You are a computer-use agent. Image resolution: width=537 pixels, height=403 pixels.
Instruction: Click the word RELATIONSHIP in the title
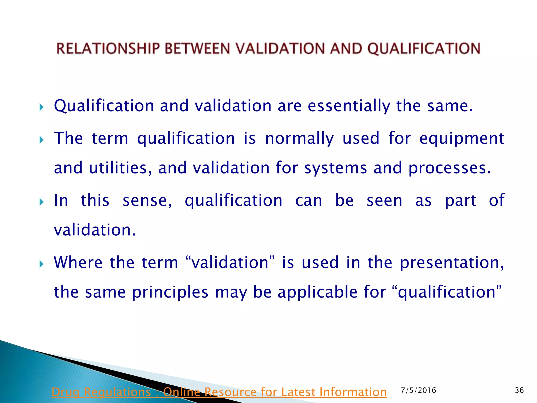(x=108, y=49)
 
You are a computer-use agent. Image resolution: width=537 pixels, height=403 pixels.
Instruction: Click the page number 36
(x=519, y=390)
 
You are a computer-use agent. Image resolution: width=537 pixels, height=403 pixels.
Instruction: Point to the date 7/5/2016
(x=418, y=390)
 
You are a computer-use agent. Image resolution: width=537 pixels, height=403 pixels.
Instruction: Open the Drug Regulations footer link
(x=219, y=392)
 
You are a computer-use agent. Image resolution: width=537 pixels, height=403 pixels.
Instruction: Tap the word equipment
(x=461, y=139)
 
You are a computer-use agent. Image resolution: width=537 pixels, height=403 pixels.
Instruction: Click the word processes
(x=449, y=168)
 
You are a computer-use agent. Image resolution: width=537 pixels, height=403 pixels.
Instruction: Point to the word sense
(x=147, y=201)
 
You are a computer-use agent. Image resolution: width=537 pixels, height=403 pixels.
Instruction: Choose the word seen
(x=384, y=201)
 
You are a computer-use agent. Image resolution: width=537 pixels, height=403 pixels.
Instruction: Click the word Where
(x=78, y=262)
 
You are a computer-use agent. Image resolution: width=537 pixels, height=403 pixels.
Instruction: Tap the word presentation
(x=452, y=263)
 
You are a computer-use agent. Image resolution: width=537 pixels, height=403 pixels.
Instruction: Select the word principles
(x=170, y=292)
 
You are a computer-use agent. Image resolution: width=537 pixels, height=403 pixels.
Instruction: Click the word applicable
(x=317, y=292)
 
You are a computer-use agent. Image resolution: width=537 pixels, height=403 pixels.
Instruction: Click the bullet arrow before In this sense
(x=41, y=202)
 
